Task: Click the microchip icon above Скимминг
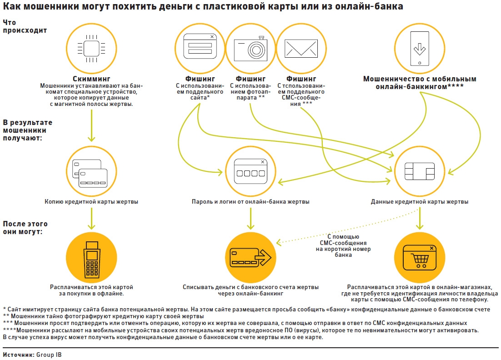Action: [91, 45]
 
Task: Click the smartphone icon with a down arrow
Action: [419, 46]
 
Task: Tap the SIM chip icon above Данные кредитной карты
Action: [420, 172]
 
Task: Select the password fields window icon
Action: [250, 172]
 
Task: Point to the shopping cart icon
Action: [420, 258]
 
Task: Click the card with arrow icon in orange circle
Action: [250, 258]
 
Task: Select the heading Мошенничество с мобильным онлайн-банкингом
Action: [420, 82]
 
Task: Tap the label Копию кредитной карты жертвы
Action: [92, 201]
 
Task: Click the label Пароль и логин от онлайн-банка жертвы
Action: [250, 201]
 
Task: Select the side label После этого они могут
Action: [25, 228]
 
